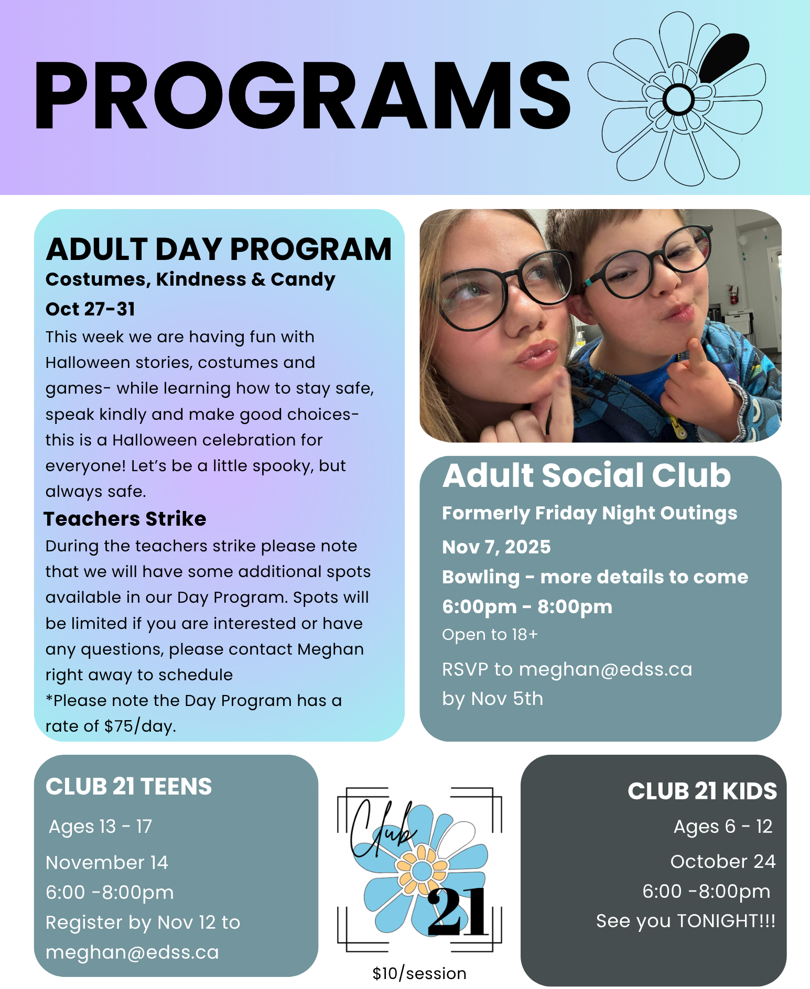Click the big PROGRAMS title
[x=301, y=95]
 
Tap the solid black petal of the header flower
[x=724, y=56]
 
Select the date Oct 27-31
[x=90, y=309]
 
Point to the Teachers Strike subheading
[x=125, y=518]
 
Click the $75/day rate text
[x=139, y=726]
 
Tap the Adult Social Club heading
[x=586, y=475]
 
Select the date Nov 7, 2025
[x=496, y=547]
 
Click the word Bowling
[x=480, y=577]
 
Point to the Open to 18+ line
[x=490, y=634]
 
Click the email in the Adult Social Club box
[x=605, y=669]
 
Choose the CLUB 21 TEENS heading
[x=128, y=786]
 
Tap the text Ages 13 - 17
[x=100, y=826]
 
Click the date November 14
[x=107, y=862]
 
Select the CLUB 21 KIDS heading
[x=702, y=791]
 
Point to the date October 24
[x=722, y=861]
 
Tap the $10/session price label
[x=419, y=973]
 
